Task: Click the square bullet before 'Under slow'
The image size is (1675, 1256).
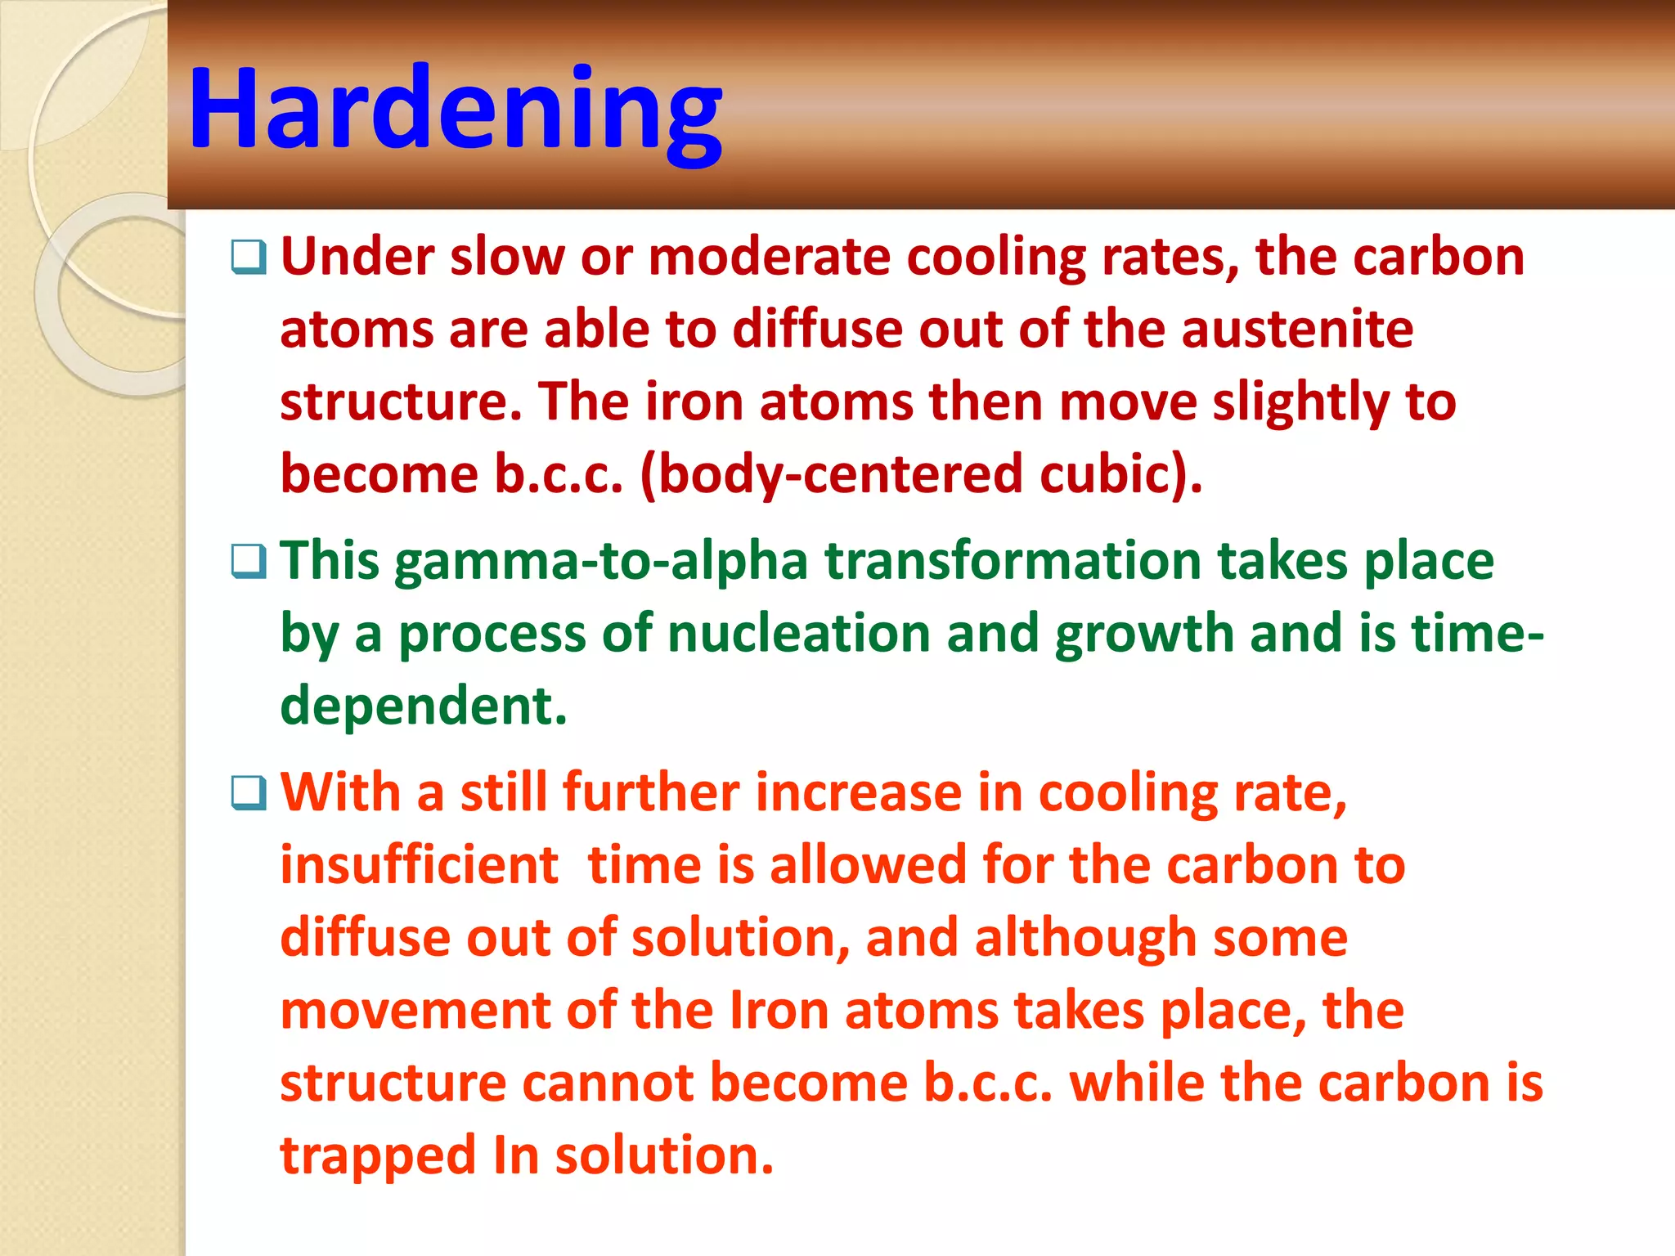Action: pyautogui.click(x=249, y=258)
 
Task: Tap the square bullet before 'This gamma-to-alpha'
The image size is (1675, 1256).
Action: pyautogui.click(x=249, y=562)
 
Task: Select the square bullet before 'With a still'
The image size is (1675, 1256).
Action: pyautogui.click(x=249, y=793)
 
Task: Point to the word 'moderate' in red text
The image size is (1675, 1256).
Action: pyautogui.click(x=769, y=258)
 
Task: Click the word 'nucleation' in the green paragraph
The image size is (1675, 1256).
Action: pyautogui.click(x=798, y=634)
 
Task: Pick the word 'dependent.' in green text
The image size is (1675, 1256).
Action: pyautogui.click(x=423, y=706)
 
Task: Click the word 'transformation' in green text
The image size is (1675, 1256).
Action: pyautogui.click(x=1012, y=562)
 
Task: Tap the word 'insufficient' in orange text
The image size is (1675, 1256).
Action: pyautogui.click(x=419, y=865)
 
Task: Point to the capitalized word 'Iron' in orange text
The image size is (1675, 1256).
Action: pyautogui.click(x=779, y=1010)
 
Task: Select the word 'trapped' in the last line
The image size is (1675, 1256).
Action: pyautogui.click(x=378, y=1156)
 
